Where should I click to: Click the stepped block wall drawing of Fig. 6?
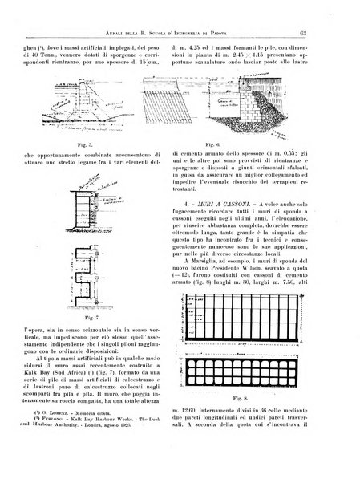257,108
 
